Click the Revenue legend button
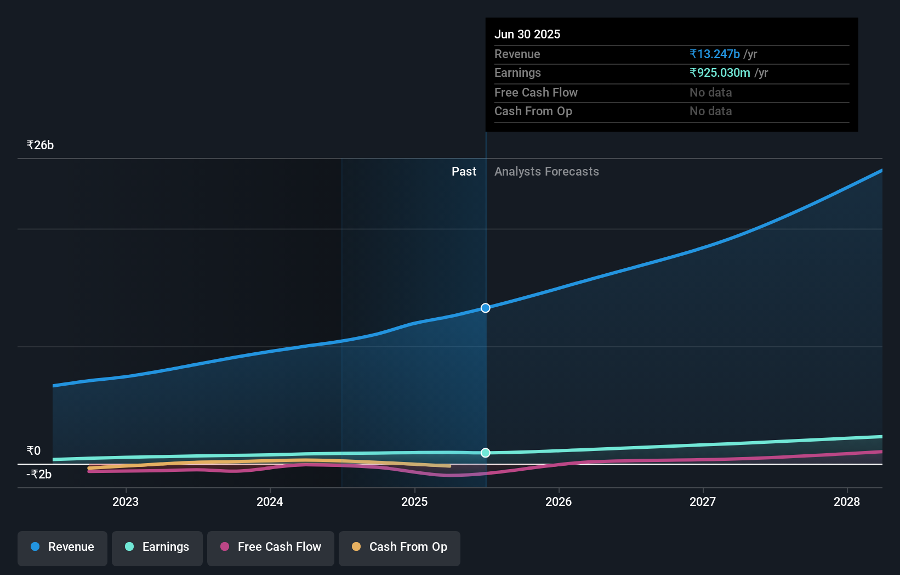click(x=62, y=548)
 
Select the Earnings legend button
click(x=157, y=548)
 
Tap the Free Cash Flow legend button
click(x=271, y=548)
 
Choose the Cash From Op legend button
click(x=400, y=548)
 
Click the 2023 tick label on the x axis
click(x=126, y=501)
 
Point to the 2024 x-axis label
click(x=270, y=501)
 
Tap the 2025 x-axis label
click(x=414, y=501)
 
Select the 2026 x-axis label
click(x=559, y=501)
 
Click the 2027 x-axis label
click(x=703, y=501)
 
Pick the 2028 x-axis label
click(x=847, y=501)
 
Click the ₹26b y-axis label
click(x=40, y=145)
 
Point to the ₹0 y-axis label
click(x=33, y=451)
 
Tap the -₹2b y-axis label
click(x=39, y=475)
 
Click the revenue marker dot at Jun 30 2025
click(x=486, y=308)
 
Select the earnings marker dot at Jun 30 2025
click(x=486, y=453)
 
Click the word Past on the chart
click(x=464, y=172)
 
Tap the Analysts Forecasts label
click(x=546, y=172)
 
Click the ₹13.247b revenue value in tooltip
click(x=715, y=54)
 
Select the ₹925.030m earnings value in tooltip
click(x=720, y=73)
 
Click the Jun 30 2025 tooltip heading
click(x=527, y=35)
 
